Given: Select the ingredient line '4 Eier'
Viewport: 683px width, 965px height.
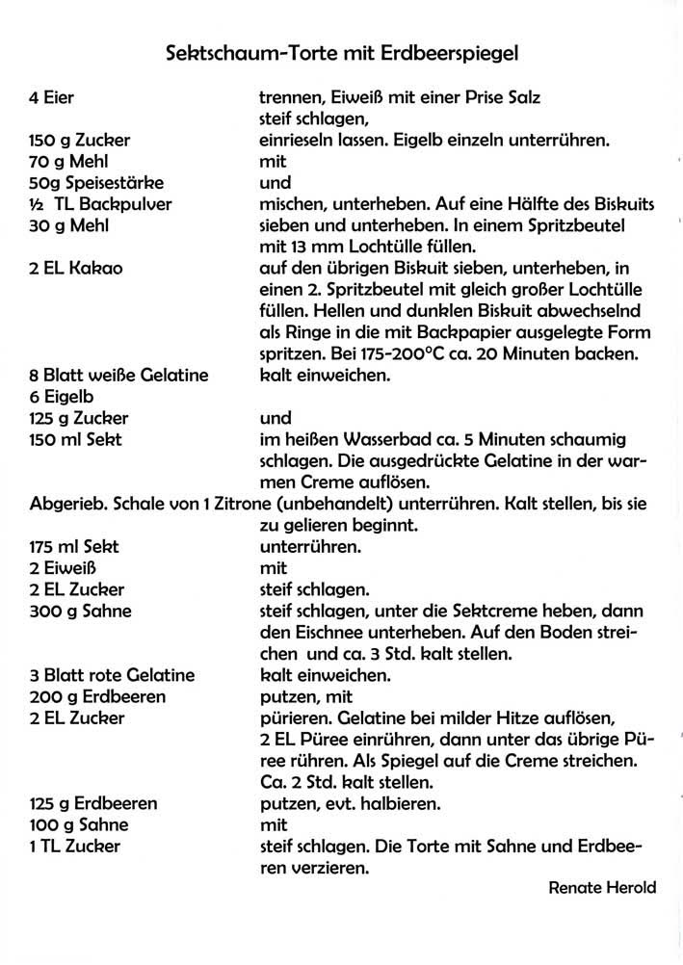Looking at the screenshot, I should point(52,98).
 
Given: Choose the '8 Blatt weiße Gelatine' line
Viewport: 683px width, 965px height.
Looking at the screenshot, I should point(119,377).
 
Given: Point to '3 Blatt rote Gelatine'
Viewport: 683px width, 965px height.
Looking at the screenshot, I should point(113,675).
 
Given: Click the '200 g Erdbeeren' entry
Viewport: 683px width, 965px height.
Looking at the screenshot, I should point(97,696).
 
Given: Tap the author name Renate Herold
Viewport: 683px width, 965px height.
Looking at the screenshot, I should point(602,888).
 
